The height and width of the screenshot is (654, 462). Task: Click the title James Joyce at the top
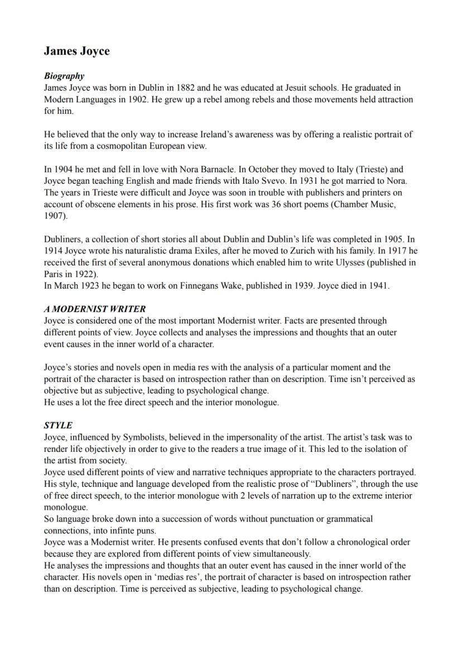(76, 51)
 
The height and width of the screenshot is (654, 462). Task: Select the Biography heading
(64, 76)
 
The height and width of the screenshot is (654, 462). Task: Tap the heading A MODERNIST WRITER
(95, 309)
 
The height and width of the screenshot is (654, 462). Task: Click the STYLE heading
(58, 426)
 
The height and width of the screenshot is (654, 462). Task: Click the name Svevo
(275, 181)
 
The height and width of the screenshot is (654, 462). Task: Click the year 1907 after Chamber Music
(54, 216)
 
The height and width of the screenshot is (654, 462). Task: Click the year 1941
(378, 286)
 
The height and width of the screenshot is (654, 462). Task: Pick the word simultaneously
(277, 554)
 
